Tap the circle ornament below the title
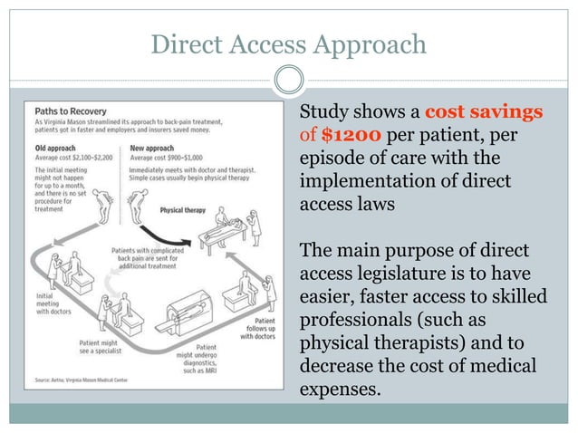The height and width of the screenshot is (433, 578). [x=288, y=82]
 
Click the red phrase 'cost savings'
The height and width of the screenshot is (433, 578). [x=484, y=112]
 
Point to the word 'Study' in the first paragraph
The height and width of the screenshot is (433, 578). [x=325, y=112]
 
